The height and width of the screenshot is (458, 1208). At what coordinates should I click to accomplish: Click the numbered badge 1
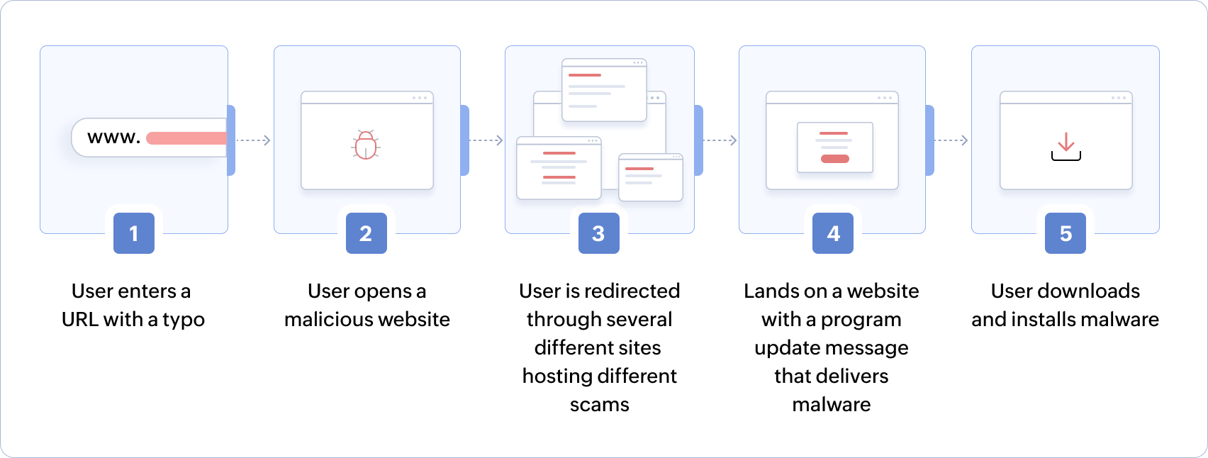pyautogui.click(x=134, y=233)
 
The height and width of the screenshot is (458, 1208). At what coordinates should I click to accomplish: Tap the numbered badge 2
pyautogui.click(x=367, y=233)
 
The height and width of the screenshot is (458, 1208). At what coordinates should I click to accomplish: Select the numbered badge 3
pyautogui.click(x=599, y=233)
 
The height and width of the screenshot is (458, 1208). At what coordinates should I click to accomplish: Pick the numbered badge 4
pyautogui.click(x=833, y=233)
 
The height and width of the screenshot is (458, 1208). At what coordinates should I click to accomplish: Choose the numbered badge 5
pyautogui.click(x=1066, y=233)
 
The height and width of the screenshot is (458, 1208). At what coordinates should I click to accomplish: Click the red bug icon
pyautogui.click(x=366, y=145)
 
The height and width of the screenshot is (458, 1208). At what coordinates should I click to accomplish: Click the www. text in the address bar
pyautogui.click(x=113, y=138)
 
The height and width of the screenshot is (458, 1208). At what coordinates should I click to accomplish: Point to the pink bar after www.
pyautogui.click(x=186, y=138)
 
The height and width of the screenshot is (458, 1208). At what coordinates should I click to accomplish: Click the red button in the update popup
pyautogui.click(x=834, y=159)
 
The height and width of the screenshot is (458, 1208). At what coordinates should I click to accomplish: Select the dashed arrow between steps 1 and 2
pyautogui.click(x=253, y=140)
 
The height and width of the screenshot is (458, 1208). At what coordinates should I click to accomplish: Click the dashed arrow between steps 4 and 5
pyautogui.click(x=951, y=140)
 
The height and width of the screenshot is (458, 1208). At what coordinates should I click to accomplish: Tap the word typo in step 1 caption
pyautogui.click(x=184, y=320)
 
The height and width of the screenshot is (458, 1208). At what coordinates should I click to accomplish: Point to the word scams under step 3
pyautogui.click(x=600, y=405)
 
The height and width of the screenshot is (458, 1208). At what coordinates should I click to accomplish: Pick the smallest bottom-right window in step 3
pyautogui.click(x=651, y=178)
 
